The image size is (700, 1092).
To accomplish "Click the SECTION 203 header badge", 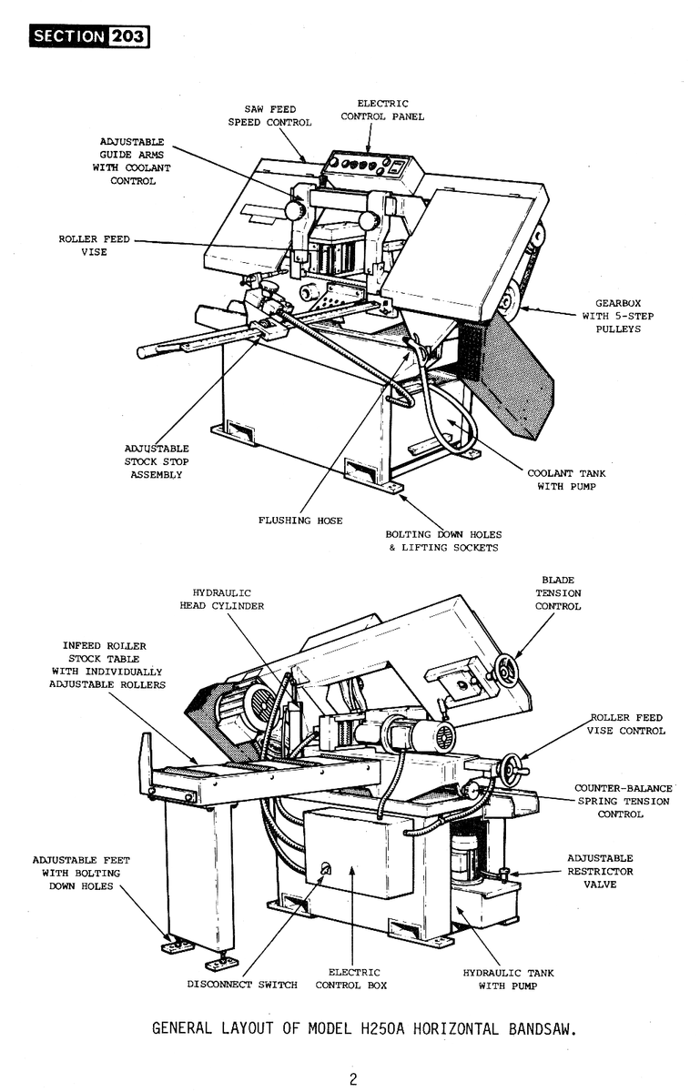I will pos(89,36).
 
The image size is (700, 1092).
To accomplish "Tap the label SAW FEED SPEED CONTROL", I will pos(269,116).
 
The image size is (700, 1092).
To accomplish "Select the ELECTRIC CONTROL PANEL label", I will pos(382,110).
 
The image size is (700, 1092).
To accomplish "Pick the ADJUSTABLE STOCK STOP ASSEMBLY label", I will pos(156,461).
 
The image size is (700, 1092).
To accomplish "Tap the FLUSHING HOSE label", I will pos(300,521).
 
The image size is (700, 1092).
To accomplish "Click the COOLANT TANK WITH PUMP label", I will pos(565,480).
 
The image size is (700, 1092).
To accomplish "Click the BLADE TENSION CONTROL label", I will pos(557,592).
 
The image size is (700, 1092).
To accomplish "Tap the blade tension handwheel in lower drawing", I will pos(506,671).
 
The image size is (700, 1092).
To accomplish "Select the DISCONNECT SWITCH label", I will pos(242,985).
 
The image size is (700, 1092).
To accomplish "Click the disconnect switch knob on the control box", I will pos(326,869).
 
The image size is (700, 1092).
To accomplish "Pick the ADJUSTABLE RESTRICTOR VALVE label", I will pos(600,871).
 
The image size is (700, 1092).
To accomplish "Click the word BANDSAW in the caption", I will pos(537,1029).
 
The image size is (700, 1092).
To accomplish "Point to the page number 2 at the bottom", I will pos(352,1080).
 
